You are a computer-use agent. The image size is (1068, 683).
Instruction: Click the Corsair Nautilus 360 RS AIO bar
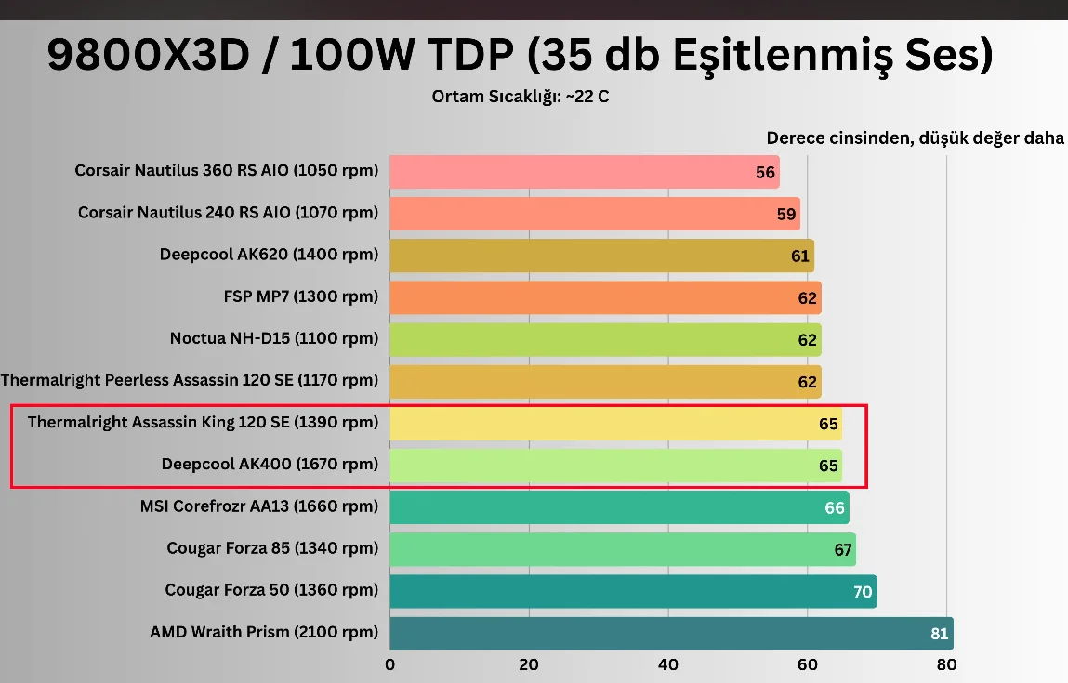(x=584, y=172)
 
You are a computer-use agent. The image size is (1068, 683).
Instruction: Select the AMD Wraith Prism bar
(x=671, y=633)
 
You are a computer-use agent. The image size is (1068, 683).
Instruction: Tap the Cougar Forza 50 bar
(x=633, y=591)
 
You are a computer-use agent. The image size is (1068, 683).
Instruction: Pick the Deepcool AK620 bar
(x=601, y=256)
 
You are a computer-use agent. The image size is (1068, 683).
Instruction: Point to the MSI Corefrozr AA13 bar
(x=619, y=507)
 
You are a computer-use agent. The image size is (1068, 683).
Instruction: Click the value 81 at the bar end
(x=939, y=634)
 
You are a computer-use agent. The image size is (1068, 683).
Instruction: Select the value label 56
(x=765, y=173)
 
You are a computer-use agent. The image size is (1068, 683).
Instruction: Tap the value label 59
(x=786, y=215)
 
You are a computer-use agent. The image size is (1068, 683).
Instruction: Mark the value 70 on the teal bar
(x=863, y=591)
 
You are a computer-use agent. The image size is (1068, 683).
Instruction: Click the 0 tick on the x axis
(x=389, y=664)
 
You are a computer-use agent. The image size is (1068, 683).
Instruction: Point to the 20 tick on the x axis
(x=529, y=664)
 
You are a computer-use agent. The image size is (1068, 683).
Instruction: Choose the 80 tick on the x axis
(x=946, y=664)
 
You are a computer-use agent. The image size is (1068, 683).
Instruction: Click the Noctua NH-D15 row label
(x=274, y=338)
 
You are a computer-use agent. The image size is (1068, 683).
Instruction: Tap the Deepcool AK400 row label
(x=270, y=464)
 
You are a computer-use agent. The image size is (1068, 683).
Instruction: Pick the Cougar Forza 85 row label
(x=272, y=548)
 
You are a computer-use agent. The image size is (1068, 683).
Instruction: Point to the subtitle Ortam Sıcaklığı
(x=521, y=97)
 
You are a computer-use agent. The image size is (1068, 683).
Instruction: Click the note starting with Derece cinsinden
(x=915, y=138)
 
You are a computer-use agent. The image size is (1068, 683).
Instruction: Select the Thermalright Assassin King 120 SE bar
(x=615, y=424)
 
